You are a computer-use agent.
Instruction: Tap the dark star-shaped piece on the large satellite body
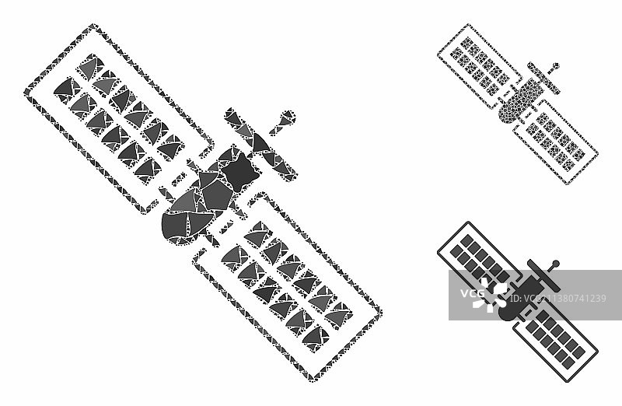pyautogui.click(x=236, y=165)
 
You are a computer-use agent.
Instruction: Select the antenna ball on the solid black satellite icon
pyautogui.click(x=555, y=262)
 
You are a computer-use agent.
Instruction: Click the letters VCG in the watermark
pyautogui.click(x=471, y=295)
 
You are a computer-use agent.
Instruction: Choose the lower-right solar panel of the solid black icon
pyautogui.click(x=555, y=334)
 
